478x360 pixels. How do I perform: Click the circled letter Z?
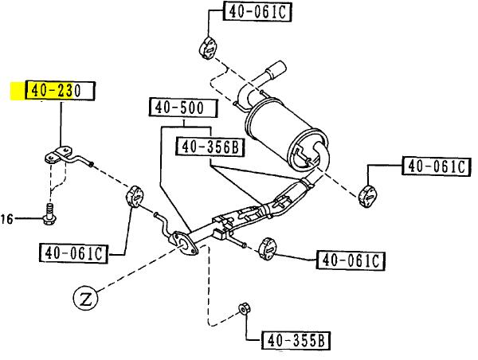pos(84,300)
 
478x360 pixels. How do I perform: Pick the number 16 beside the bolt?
pos(8,218)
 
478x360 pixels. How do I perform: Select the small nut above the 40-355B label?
pos(244,308)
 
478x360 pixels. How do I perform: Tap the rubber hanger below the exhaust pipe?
pos(268,248)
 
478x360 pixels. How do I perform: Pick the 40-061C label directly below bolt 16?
pos(72,253)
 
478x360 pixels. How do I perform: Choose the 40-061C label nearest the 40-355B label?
pos(351,260)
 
